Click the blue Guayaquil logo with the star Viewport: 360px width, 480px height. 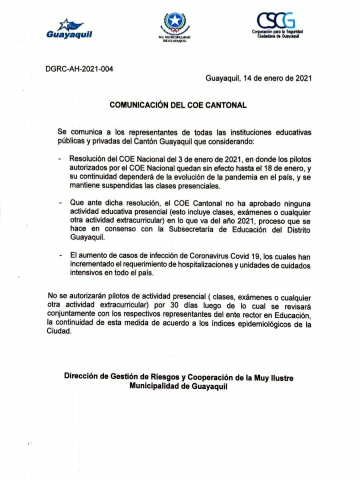point(69,29)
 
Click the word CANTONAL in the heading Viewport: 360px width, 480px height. point(228,105)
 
